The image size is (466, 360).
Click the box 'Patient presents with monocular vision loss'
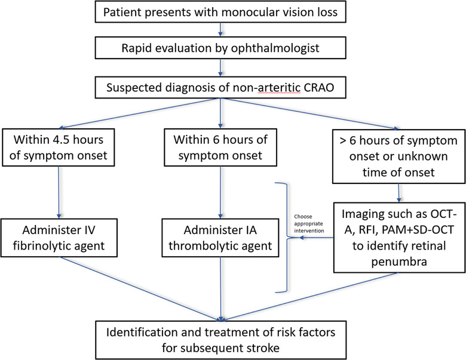click(x=220, y=12)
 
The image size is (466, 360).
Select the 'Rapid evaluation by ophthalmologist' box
click(x=220, y=48)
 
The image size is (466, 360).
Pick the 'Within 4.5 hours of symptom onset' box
click(x=59, y=147)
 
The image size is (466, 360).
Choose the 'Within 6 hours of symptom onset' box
click(x=220, y=147)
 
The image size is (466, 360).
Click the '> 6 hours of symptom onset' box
click(x=398, y=156)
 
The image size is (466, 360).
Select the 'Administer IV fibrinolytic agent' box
click(x=59, y=238)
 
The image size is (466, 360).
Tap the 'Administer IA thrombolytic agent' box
click(x=220, y=238)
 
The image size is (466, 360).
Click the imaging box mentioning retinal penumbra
click(x=399, y=238)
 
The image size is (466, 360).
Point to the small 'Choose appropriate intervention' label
click(x=309, y=224)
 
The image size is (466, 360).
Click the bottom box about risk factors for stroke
click(x=220, y=340)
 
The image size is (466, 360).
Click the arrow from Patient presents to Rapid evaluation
click(x=220, y=30)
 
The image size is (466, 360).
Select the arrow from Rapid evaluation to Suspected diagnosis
click(x=220, y=67)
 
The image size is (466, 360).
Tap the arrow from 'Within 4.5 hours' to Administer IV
click(x=59, y=192)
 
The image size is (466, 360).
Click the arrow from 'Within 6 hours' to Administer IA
click(x=220, y=192)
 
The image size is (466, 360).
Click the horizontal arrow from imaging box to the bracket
click(x=316, y=238)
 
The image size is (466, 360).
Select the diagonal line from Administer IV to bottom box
click(x=140, y=289)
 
